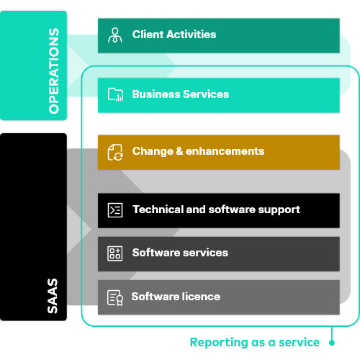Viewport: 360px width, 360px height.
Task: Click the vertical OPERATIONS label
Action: tap(54, 71)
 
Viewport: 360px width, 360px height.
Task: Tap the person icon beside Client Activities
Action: tap(115, 35)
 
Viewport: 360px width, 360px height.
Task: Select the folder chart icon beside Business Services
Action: tap(115, 94)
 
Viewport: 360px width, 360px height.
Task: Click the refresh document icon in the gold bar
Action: tap(115, 152)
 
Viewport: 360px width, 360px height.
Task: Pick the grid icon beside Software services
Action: tap(115, 253)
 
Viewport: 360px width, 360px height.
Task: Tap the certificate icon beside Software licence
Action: tap(115, 297)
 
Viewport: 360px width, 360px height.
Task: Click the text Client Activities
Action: tap(174, 35)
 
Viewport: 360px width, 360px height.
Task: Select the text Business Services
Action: tap(180, 94)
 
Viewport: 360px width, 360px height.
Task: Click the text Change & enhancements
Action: tap(198, 151)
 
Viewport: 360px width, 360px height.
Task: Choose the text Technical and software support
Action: tap(216, 210)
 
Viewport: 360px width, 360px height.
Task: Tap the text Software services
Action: tap(180, 253)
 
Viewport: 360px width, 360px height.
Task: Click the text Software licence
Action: tap(176, 297)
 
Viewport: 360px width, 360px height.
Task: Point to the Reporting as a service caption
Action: tap(254, 343)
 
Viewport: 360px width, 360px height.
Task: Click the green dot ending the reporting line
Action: tap(331, 343)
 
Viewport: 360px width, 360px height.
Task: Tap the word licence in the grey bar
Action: tap(202, 297)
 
